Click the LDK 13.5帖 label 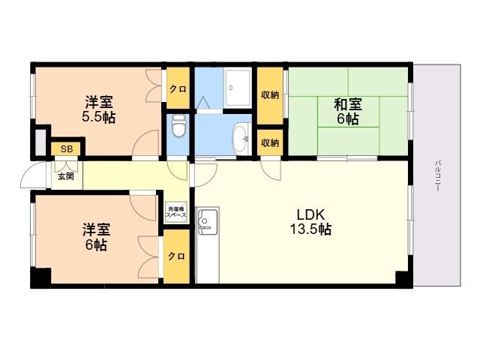310,222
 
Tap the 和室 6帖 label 348,112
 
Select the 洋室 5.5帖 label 98,109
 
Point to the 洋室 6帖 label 97,237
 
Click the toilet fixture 178,126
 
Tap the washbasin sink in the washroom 241,139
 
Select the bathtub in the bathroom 238,88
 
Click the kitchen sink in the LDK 208,221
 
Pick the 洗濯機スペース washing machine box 175,211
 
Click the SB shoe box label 67,149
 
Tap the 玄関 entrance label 66,177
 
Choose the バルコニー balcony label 438,175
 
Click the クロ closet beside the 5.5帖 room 178,88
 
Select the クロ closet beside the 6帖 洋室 176,256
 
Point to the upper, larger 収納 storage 270,95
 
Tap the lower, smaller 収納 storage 270,142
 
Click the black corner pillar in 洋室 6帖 40,277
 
